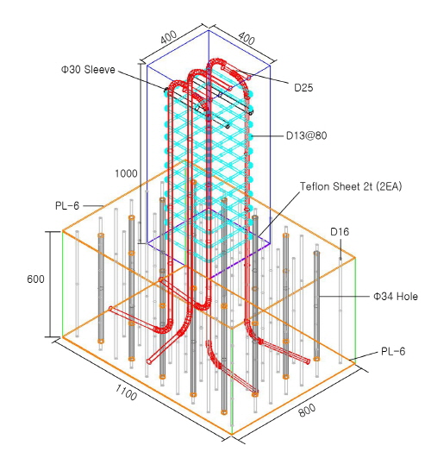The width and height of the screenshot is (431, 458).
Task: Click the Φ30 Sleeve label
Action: pyautogui.click(x=88, y=70)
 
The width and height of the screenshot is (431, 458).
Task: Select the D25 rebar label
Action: pyautogui.click(x=303, y=88)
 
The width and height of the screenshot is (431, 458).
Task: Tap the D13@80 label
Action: pyautogui.click(x=306, y=135)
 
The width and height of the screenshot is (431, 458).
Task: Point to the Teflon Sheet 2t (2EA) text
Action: pyautogui.click(x=351, y=186)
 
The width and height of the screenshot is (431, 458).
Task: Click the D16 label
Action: pyautogui.click(x=340, y=232)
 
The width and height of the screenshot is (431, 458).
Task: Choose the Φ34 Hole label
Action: pyautogui.click(x=396, y=297)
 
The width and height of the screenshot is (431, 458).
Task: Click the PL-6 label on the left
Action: pyautogui.click(x=67, y=206)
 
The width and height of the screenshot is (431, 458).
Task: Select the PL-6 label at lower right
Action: pyautogui.click(x=393, y=351)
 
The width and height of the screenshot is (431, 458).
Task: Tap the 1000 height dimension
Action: pyautogui.click(x=126, y=173)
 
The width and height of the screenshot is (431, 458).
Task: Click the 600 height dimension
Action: pyautogui.click(x=35, y=279)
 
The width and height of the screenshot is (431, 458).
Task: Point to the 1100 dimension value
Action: pyautogui.click(x=126, y=392)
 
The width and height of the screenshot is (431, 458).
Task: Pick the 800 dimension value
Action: pyautogui.click(x=307, y=410)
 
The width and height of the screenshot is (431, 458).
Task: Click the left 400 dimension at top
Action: pyautogui.click(x=168, y=37)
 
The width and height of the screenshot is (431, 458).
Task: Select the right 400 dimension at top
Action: pyautogui.click(x=247, y=38)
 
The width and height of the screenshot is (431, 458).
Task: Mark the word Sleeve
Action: pyautogui.click(x=100, y=70)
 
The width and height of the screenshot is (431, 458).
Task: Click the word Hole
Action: pyautogui.click(x=406, y=297)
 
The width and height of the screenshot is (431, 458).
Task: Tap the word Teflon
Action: pyautogui.click(x=315, y=186)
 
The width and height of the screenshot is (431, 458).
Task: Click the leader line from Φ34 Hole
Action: pyautogui.click(x=345, y=297)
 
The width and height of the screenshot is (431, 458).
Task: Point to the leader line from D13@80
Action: pyautogui.click(x=267, y=135)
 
